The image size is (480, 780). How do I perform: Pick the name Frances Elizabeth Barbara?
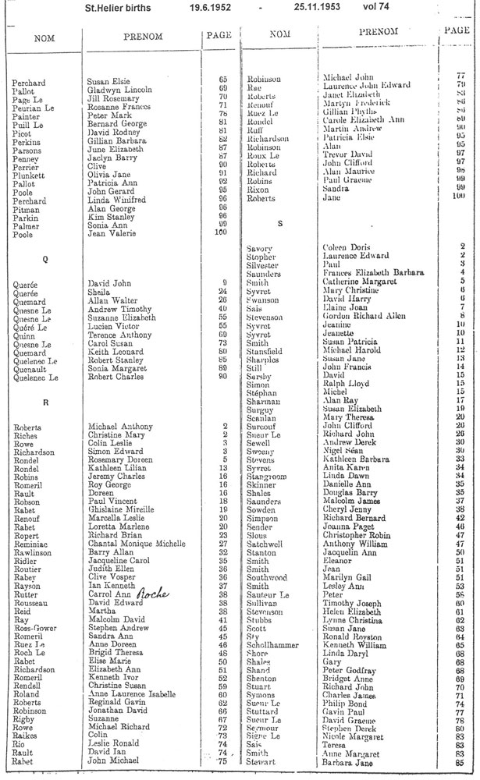tap(373, 272)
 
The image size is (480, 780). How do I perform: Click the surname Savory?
tap(258, 247)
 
